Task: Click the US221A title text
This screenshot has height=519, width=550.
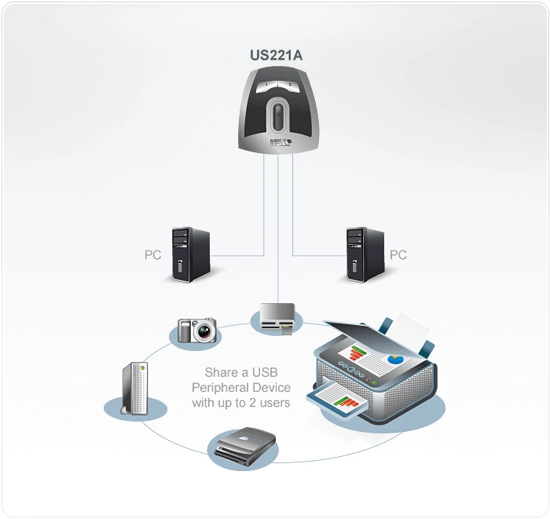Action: (x=275, y=56)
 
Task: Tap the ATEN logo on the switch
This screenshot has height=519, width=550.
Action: (x=279, y=143)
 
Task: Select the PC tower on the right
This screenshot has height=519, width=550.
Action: (x=365, y=254)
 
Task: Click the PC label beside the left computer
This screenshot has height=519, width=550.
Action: (x=152, y=255)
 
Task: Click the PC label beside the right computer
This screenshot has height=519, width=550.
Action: (x=398, y=255)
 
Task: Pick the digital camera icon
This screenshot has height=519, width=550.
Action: (x=196, y=330)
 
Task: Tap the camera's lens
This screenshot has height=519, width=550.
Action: (x=204, y=332)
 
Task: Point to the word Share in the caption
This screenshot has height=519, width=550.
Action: (x=221, y=373)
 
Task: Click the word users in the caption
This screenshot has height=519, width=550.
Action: (x=274, y=403)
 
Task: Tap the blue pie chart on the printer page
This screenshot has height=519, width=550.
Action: (x=394, y=358)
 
